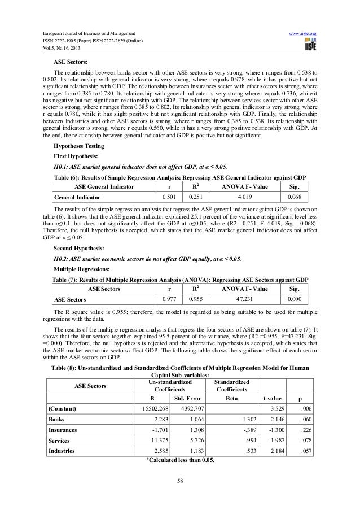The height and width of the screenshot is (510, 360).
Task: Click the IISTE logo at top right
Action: tap(310, 32)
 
